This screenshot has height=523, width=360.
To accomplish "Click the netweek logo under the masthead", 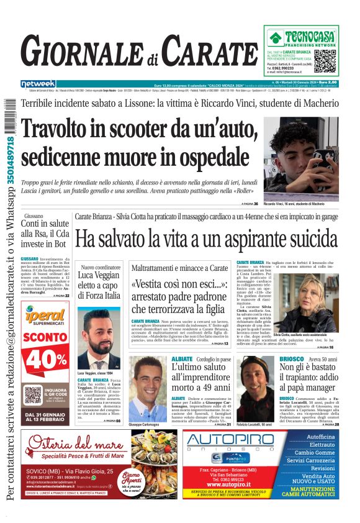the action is click(x=38, y=83).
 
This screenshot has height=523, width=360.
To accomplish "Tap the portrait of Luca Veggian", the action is click(x=99, y=339).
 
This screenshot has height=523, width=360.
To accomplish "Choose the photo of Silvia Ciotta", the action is click(x=304, y=301).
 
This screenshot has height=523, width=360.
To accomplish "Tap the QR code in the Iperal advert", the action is click(x=32, y=396).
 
